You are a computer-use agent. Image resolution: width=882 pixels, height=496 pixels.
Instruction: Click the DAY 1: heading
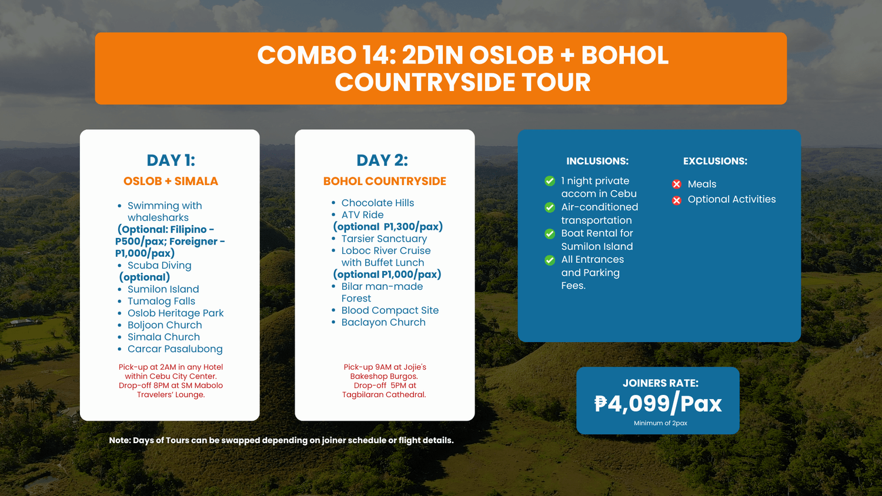pos(171,160)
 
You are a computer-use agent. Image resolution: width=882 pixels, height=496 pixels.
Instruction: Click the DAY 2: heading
pos(382,160)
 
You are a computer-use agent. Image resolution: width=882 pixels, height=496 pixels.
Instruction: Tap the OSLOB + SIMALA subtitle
pos(171,181)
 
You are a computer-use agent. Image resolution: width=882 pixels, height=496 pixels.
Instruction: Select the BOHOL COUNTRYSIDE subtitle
pos(385,181)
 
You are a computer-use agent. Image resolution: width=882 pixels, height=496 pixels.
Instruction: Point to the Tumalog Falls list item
pos(162,301)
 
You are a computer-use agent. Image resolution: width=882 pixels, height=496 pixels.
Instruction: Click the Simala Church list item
pos(164,337)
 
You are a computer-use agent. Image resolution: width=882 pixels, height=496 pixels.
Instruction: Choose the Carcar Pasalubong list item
pos(175,348)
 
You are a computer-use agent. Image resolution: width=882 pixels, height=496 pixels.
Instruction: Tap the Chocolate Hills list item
pos(377,203)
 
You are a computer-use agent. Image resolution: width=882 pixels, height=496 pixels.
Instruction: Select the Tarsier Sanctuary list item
pos(385,239)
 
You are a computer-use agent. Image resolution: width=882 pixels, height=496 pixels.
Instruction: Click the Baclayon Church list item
pos(383,322)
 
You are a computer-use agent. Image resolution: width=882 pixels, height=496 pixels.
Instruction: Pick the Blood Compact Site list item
pos(390,310)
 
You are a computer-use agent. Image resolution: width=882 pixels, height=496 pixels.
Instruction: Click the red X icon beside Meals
pos(676,184)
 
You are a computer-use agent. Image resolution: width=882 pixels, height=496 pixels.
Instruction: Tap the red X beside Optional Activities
pos(676,200)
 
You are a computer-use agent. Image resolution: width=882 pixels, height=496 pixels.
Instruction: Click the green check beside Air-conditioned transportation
pos(550,207)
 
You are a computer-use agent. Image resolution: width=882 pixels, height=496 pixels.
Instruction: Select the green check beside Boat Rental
pos(550,234)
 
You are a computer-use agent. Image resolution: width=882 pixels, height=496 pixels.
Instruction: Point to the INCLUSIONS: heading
pos(597,161)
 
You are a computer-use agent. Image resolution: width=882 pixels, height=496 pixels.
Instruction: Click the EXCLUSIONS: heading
pos(715,161)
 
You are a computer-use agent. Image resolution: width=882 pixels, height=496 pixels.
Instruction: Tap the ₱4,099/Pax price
pos(658,404)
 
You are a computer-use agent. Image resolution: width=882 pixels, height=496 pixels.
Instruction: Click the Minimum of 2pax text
pos(660,423)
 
